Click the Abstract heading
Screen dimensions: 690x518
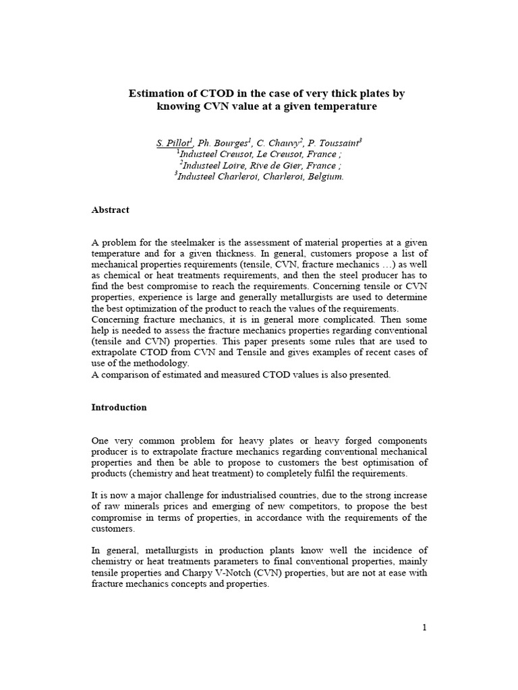tap(110, 210)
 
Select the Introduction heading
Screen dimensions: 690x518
tap(119, 408)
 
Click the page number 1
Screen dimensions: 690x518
tap(424, 628)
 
